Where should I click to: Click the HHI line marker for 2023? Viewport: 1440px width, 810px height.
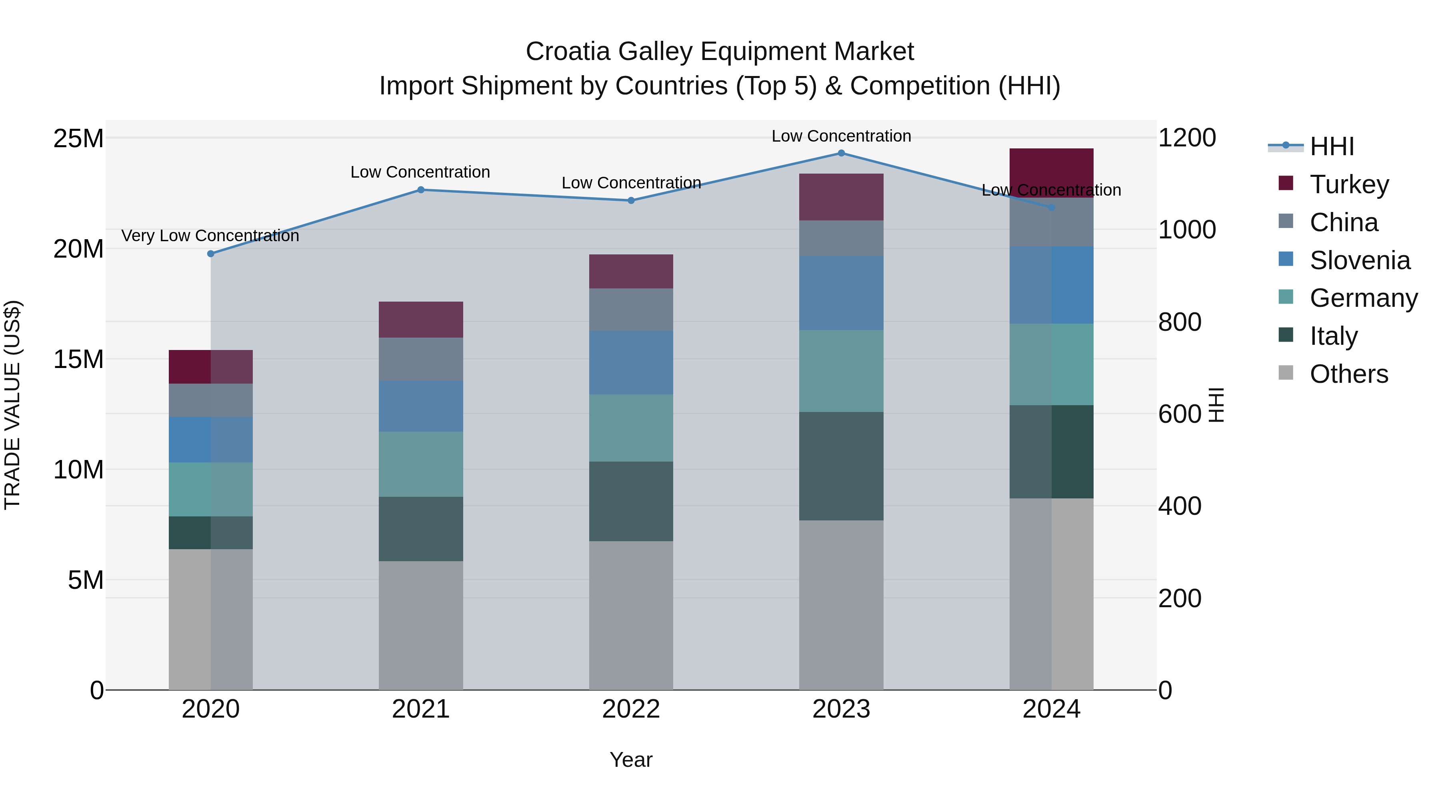[x=841, y=153]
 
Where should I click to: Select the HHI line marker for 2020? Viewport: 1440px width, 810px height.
[x=211, y=254]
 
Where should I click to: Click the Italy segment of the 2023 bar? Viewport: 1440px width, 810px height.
[x=841, y=466]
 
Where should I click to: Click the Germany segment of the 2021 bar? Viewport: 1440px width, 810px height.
[x=420, y=464]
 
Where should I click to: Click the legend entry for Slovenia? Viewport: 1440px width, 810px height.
[x=1360, y=260]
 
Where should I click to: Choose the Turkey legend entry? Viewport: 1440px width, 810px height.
[x=1349, y=184]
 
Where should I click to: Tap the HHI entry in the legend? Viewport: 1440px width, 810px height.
[x=1332, y=146]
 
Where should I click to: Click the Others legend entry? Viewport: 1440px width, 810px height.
[x=1348, y=374]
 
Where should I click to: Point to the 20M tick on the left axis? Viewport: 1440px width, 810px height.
[x=78, y=249]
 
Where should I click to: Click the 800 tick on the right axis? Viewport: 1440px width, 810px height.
[x=1180, y=322]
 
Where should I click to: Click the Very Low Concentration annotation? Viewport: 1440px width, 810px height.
[x=210, y=236]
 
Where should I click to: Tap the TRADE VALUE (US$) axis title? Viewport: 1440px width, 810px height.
[x=12, y=405]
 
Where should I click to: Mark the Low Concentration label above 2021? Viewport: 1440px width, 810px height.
[x=420, y=172]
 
